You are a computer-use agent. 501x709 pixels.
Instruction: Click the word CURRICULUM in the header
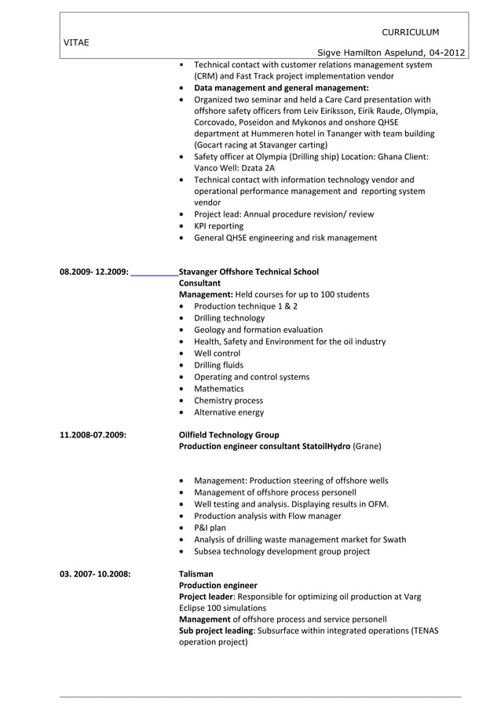410,32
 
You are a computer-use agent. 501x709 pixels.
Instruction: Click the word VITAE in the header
75,43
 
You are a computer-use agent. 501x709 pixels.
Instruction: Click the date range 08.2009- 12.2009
93,272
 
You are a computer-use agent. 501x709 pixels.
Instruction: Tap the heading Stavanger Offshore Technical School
249,272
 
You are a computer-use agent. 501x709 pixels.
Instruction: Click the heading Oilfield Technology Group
229,434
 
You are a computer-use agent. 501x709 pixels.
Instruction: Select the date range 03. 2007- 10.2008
95,574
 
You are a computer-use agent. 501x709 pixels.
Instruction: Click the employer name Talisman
196,574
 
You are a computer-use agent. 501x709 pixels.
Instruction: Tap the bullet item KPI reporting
218,226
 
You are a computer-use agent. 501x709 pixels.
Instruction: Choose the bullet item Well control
217,353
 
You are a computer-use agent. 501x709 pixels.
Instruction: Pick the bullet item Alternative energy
229,412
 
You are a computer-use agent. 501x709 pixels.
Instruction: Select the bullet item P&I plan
210,528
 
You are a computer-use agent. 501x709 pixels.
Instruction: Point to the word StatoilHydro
327,446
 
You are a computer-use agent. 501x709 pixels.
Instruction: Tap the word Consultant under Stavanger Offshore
200,283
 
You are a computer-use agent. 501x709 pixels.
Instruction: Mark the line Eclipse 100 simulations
222,608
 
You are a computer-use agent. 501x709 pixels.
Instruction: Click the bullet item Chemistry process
229,400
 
